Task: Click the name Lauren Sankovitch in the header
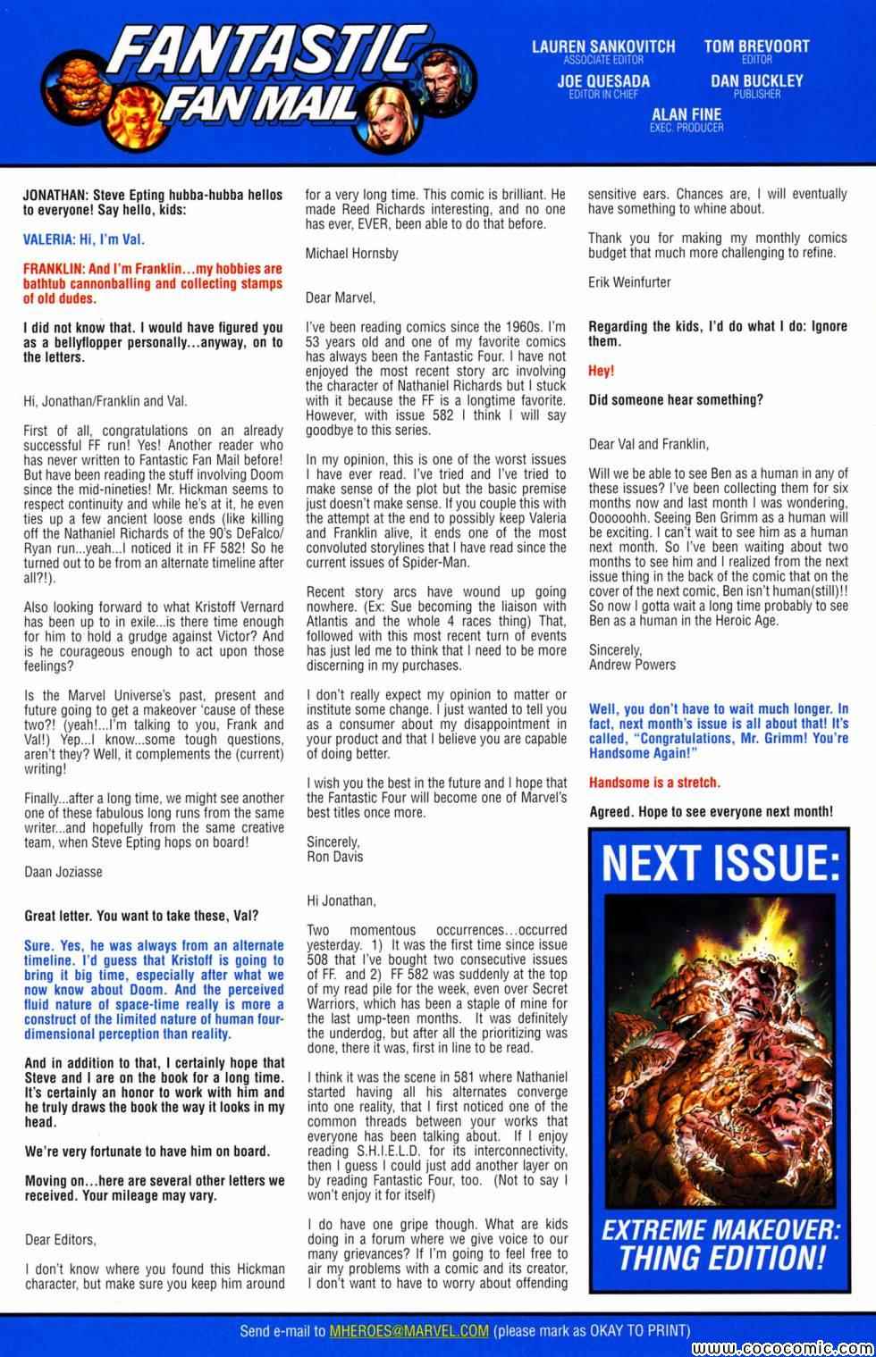[603, 46]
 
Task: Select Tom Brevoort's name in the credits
[756, 46]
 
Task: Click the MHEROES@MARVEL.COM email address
[409, 1330]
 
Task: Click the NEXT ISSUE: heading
[714, 863]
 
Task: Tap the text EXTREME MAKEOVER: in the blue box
[720, 1230]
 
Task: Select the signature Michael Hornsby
[351, 253]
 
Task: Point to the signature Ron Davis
[334, 856]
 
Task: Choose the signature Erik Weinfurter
[629, 281]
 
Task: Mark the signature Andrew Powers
[632, 665]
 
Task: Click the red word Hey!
[601, 370]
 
